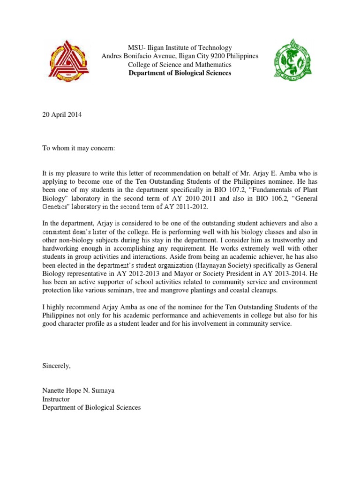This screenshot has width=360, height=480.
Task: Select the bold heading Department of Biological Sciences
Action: click(x=180, y=73)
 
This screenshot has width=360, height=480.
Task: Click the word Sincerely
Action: click(x=56, y=366)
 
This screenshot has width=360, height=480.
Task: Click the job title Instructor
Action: click(x=56, y=399)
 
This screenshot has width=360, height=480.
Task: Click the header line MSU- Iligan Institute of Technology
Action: click(x=180, y=48)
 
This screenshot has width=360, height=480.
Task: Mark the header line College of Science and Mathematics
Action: click(x=180, y=65)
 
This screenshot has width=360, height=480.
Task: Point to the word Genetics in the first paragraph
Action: click(x=58, y=207)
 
